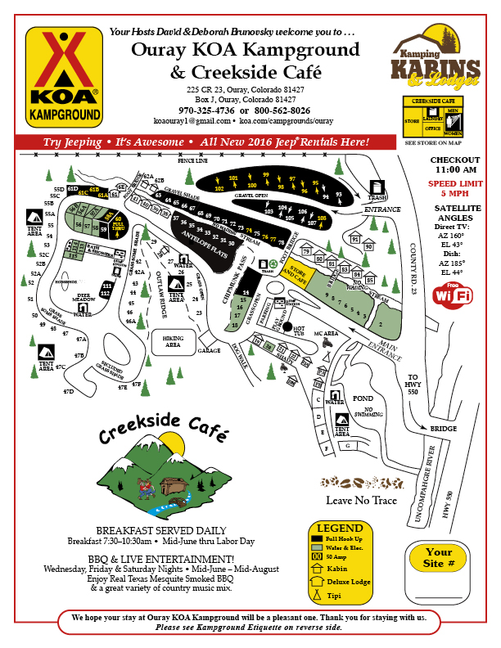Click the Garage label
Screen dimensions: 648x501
pyautogui.click(x=210, y=350)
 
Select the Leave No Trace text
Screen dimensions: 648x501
pyautogui.click(x=362, y=501)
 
